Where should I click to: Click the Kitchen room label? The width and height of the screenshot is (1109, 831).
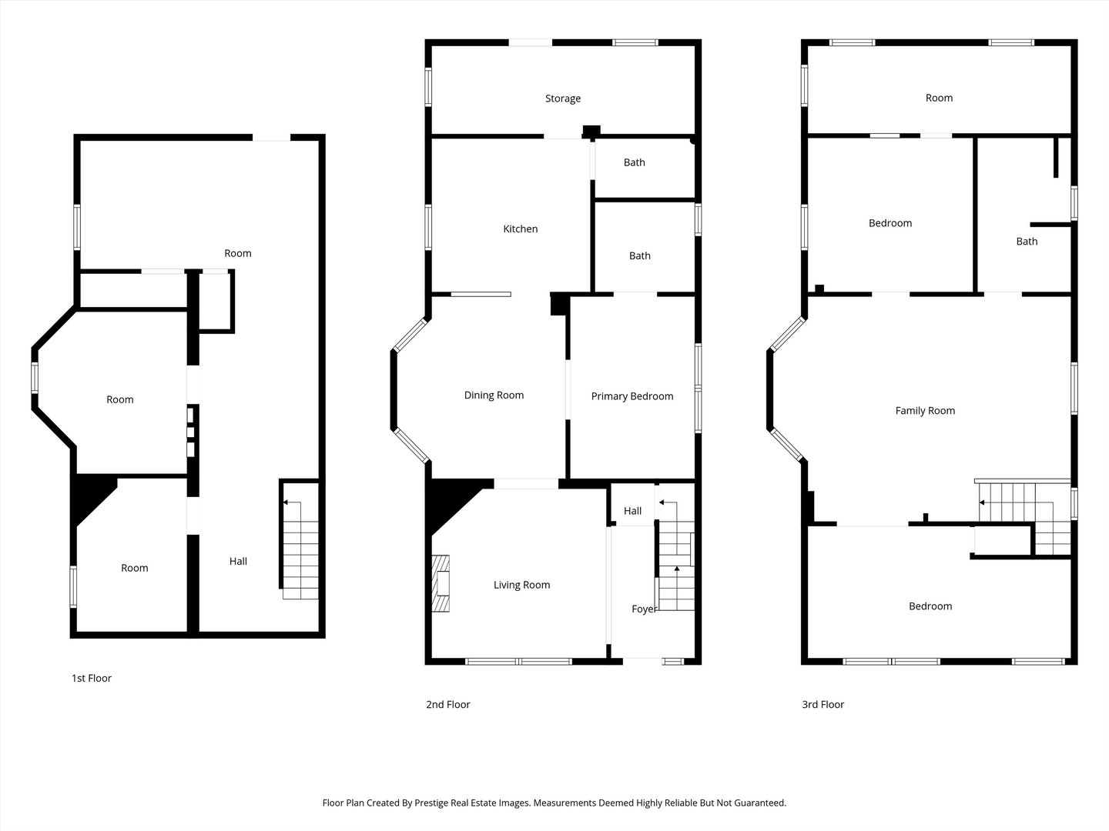coord(520,229)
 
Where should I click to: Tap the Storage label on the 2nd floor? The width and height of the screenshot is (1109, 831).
coord(562,98)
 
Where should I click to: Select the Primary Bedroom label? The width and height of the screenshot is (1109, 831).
coord(632,396)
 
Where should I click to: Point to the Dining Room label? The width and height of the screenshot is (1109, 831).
coord(494,395)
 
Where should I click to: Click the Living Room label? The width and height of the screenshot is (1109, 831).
coord(521,585)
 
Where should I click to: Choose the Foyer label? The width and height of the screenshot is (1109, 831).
coord(644,609)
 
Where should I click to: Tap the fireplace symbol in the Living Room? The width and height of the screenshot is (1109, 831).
coord(441,583)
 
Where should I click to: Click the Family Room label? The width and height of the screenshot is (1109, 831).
coord(924,411)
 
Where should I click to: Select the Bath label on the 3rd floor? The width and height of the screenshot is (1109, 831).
coord(1026,242)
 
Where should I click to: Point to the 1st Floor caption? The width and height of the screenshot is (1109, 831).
coord(91,678)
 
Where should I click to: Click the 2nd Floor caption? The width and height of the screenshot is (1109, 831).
coord(447,704)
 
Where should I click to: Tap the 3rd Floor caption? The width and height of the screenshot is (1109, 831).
coord(823,704)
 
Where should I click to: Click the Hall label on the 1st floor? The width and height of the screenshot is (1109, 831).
coord(238,561)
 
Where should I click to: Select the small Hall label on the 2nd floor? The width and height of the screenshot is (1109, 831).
coord(632,511)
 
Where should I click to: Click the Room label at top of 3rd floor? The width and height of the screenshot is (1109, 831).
coord(938,98)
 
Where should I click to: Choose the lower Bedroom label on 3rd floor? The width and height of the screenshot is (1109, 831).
coord(930,606)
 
